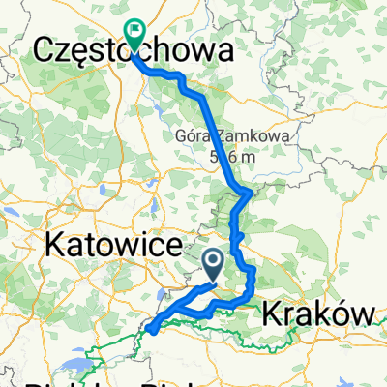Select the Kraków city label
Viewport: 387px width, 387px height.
click(317, 313)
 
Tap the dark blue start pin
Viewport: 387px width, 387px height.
click(217, 262)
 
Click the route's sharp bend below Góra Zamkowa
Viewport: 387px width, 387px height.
click(252, 193)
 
